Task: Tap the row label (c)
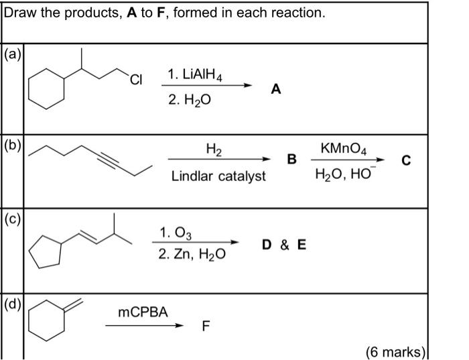[12, 220]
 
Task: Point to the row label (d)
[12, 308]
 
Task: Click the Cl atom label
[137, 81]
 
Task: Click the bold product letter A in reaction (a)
[276, 89]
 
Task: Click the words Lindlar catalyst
[218, 176]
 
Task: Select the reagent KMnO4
[345, 147]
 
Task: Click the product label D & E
[284, 245]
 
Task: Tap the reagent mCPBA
[143, 312]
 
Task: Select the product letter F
[206, 326]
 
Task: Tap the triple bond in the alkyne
[113, 159]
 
